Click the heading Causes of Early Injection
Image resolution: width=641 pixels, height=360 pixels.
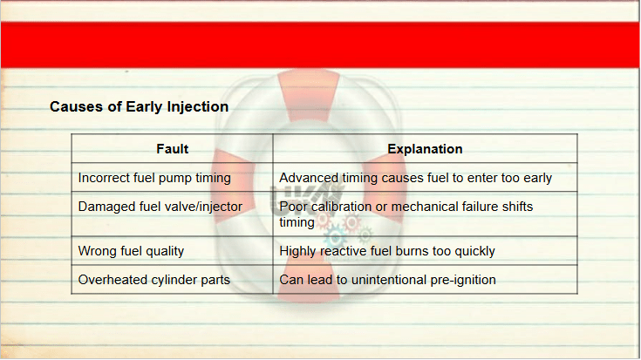click(139, 106)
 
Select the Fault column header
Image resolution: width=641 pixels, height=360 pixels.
click(172, 149)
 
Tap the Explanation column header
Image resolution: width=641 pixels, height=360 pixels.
click(425, 149)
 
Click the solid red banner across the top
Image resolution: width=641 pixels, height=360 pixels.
click(321, 45)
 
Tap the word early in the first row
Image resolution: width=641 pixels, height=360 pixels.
click(535, 179)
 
